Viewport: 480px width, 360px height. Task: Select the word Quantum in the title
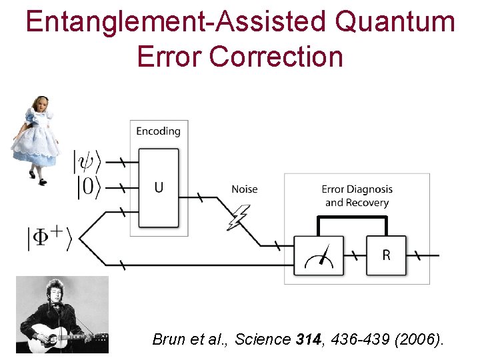[x=395, y=22]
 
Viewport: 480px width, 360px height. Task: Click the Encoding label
[x=158, y=131]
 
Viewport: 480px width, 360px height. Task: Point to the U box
[x=159, y=187]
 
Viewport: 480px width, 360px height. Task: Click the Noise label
[x=244, y=189]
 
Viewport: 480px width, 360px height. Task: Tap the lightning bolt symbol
[x=238, y=217]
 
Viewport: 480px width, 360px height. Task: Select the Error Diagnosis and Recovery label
[x=357, y=196]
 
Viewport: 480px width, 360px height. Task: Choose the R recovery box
[x=386, y=255]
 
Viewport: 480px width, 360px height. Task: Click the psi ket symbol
[x=88, y=161]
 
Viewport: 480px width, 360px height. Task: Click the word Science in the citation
[x=263, y=339]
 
